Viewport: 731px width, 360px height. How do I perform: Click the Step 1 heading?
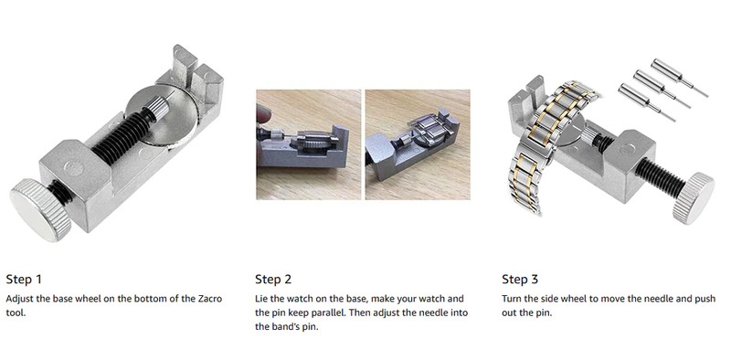(x=24, y=280)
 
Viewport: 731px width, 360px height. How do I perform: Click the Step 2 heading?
(x=273, y=280)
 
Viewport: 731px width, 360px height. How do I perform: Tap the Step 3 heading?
(x=520, y=280)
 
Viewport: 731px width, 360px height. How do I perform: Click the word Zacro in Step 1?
(x=209, y=299)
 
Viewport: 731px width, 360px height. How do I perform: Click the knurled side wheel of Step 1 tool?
(x=39, y=210)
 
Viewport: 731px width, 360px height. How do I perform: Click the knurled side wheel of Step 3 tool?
(x=693, y=198)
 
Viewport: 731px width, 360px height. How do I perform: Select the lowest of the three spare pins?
(x=646, y=101)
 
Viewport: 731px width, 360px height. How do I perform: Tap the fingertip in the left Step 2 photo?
(x=263, y=115)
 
